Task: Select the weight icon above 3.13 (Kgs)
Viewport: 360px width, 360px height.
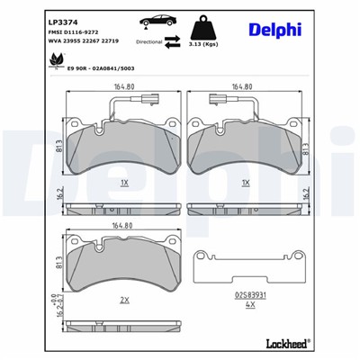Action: pyautogui.click(x=222, y=24)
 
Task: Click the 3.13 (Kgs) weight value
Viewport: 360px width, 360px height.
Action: pyautogui.click(x=222, y=43)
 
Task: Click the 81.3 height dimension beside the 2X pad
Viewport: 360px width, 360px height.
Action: pyautogui.click(x=59, y=263)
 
